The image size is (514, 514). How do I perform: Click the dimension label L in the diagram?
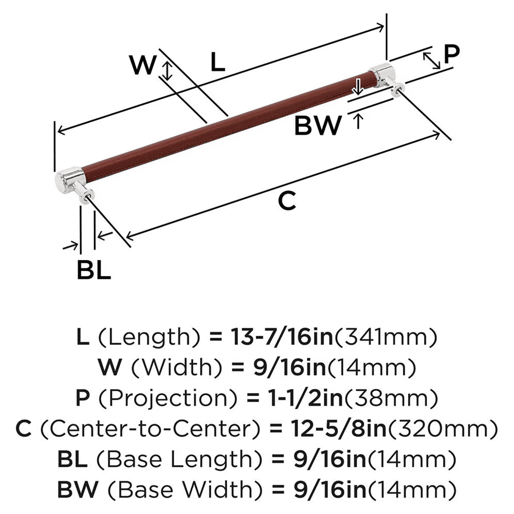point(217,63)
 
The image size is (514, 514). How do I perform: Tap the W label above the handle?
point(141,65)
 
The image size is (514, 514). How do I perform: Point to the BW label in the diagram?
point(318,125)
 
